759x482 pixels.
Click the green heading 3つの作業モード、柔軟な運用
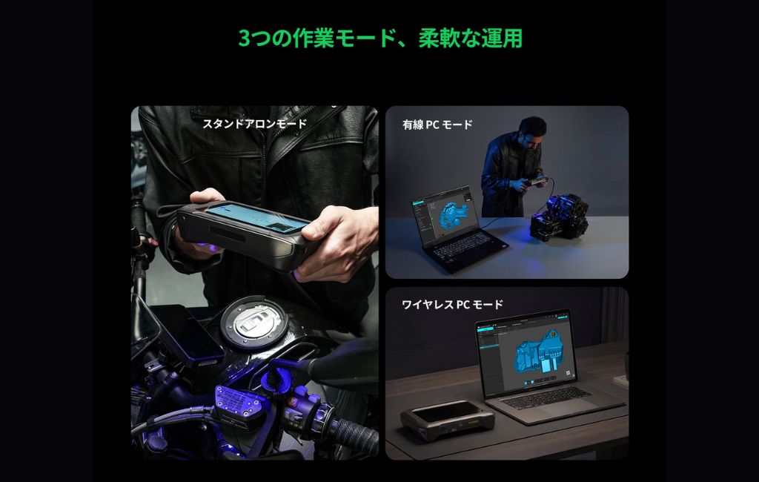[x=380, y=39]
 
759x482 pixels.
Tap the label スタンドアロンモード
[x=255, y=124]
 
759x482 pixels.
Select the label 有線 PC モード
[x=437, y=125]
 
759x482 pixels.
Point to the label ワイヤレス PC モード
[x=453, y=304]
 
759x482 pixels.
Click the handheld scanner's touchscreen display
[x=258, y=217]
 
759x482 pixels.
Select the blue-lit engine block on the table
[x=559, y=218]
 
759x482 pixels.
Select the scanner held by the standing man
[x=537, y=181]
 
